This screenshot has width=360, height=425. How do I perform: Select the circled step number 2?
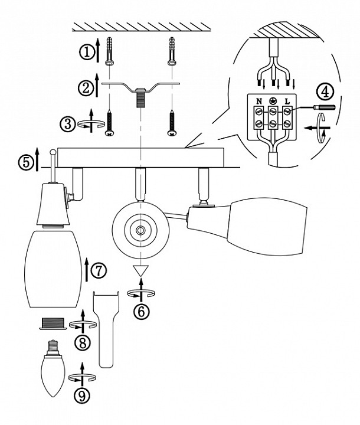pos(86,88)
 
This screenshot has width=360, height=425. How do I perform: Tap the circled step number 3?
pos(68,125)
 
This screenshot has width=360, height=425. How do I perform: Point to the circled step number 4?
pos(325,92)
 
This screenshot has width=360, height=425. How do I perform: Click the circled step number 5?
pos(27,162)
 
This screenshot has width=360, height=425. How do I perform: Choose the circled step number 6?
pos(141,312)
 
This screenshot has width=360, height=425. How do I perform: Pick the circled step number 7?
pos(99,270)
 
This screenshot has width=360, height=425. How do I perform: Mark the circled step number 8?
pos(82,342)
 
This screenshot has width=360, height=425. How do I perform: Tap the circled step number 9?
pos(81,395)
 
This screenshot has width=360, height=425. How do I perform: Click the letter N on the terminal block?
pos(259,102)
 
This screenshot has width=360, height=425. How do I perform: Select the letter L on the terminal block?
pos(287,102)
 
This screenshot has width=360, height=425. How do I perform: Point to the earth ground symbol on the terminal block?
pos(273,101)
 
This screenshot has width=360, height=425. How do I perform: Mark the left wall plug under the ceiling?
pos(109,51)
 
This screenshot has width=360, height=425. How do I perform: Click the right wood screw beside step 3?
pos(172,123)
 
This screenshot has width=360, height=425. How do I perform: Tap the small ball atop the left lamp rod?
pos(53,152)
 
